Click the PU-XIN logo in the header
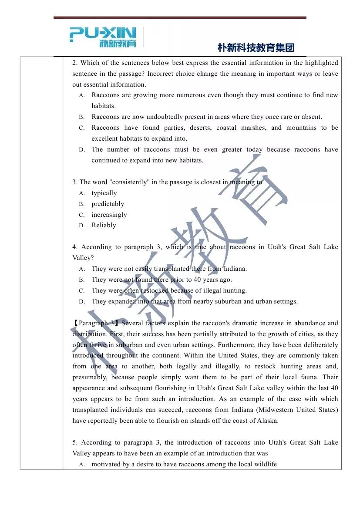point(103,37)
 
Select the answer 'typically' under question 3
point(104,193)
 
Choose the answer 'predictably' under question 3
point(108,204)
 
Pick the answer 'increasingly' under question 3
point(109,215)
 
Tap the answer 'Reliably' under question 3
point(104,225)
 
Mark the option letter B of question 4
point(82,280)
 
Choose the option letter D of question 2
point(82,150)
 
